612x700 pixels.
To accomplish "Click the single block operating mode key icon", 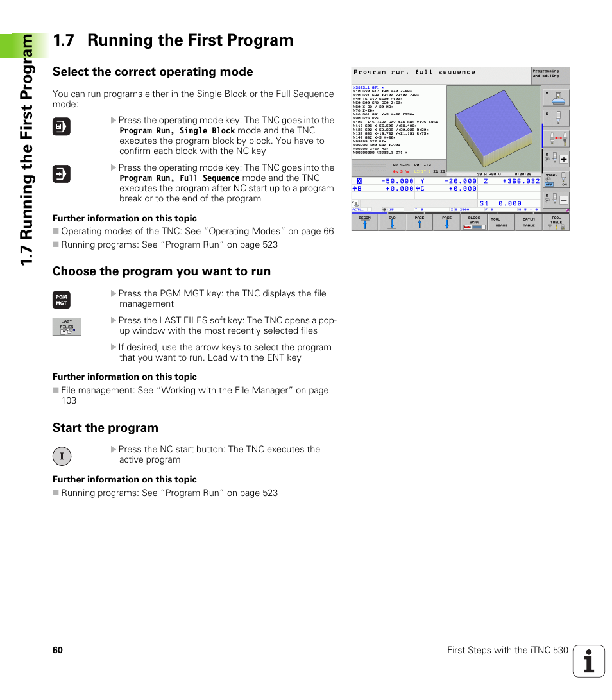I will (x=61, y=127).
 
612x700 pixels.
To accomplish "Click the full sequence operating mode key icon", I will (x=61, y=175).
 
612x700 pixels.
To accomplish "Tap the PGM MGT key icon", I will (x=61, y=300).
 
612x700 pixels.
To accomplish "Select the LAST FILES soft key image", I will (x=67, y=327).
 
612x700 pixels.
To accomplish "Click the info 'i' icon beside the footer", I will (x=588, y=662).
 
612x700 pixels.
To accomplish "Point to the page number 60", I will (x=58, y=650).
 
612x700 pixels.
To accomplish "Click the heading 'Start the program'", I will (x=105, y=428).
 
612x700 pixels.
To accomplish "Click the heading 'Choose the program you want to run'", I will (x=162, y=271).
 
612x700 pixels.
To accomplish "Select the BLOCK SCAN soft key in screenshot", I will (x=474, y=222).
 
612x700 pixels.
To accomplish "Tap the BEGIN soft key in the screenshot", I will (x=364, y=222).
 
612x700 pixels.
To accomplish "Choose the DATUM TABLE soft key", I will (x=529, y=222).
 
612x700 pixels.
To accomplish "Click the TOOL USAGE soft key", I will (x=501, y=222).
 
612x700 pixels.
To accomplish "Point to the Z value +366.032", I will (x=521, y=181).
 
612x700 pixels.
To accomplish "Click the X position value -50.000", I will (x=398, y=181).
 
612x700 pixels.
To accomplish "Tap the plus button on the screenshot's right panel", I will (x=563, y=159).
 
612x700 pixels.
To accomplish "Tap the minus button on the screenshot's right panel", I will (x=563, y=200).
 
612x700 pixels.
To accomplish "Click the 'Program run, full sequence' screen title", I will (x=414, y=73).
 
